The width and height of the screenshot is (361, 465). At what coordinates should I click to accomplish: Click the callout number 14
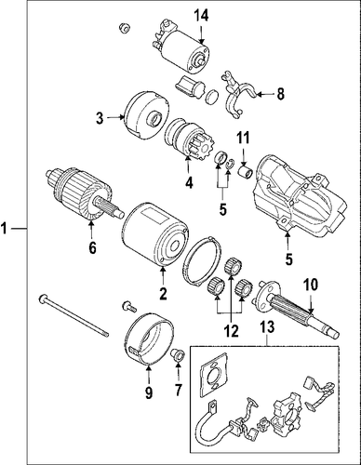coord(201,16)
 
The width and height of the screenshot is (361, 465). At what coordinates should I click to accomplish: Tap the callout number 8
coord(280,94)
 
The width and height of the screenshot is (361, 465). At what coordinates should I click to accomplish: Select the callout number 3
coord(100,118)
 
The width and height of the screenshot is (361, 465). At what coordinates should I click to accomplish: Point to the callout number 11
coord(244,138)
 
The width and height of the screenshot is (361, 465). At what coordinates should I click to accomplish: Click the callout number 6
coord(92,247)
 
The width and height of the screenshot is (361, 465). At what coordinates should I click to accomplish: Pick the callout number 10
coord(311,285)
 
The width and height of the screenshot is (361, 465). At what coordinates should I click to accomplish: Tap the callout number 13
coord(267,326)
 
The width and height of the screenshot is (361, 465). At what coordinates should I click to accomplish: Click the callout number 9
coord(149,392)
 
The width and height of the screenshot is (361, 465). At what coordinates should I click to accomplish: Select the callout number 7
coord(178,390)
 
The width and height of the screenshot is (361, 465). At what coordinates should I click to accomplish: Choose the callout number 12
coord(232,331)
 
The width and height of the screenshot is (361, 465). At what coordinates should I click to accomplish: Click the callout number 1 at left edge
coord(4,229)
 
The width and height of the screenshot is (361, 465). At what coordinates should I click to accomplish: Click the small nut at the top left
coord(124,28)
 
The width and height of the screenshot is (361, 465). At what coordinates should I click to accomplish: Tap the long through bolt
coord(74,315)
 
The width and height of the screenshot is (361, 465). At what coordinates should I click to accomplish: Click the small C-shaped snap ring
coord(230,164)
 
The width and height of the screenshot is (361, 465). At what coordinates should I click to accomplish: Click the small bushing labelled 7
coord(178,355)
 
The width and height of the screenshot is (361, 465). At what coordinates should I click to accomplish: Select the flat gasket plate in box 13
coord(214,375)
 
